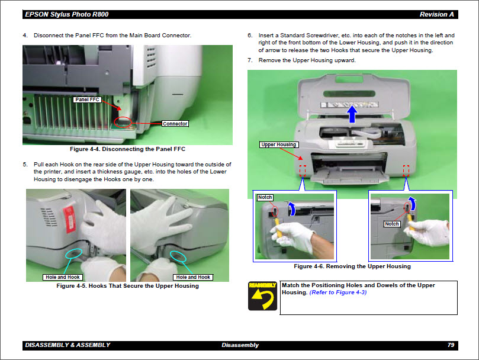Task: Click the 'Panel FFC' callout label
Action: [x=86, y=99]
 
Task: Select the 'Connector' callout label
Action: [x=175, y=124]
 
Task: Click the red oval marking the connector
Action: [x=123, y=122]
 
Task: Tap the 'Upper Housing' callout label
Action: [x=279, y=144]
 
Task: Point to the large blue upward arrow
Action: [x=352, y=112]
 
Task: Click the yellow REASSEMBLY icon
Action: [x=262, y=296]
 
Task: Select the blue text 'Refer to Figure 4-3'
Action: [x=338, y=292]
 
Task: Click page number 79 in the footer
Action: [x=451, y=345]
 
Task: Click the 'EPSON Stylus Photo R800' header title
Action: [x=59, y=14]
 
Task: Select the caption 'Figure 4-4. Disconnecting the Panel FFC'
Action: [x=127, y=149]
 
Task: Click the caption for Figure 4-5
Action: [x=127, y=286]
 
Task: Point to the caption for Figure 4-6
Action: [x=352, y=266]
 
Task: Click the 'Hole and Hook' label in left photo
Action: [x=62, y=277]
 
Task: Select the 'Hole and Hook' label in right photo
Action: [x=193, y=277]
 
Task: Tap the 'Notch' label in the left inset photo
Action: [x=265, y=197]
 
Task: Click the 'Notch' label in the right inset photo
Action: [x=392, y=224]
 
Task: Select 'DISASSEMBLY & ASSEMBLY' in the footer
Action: [x=67, y=345]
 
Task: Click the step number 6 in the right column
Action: [x=250, y=36]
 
